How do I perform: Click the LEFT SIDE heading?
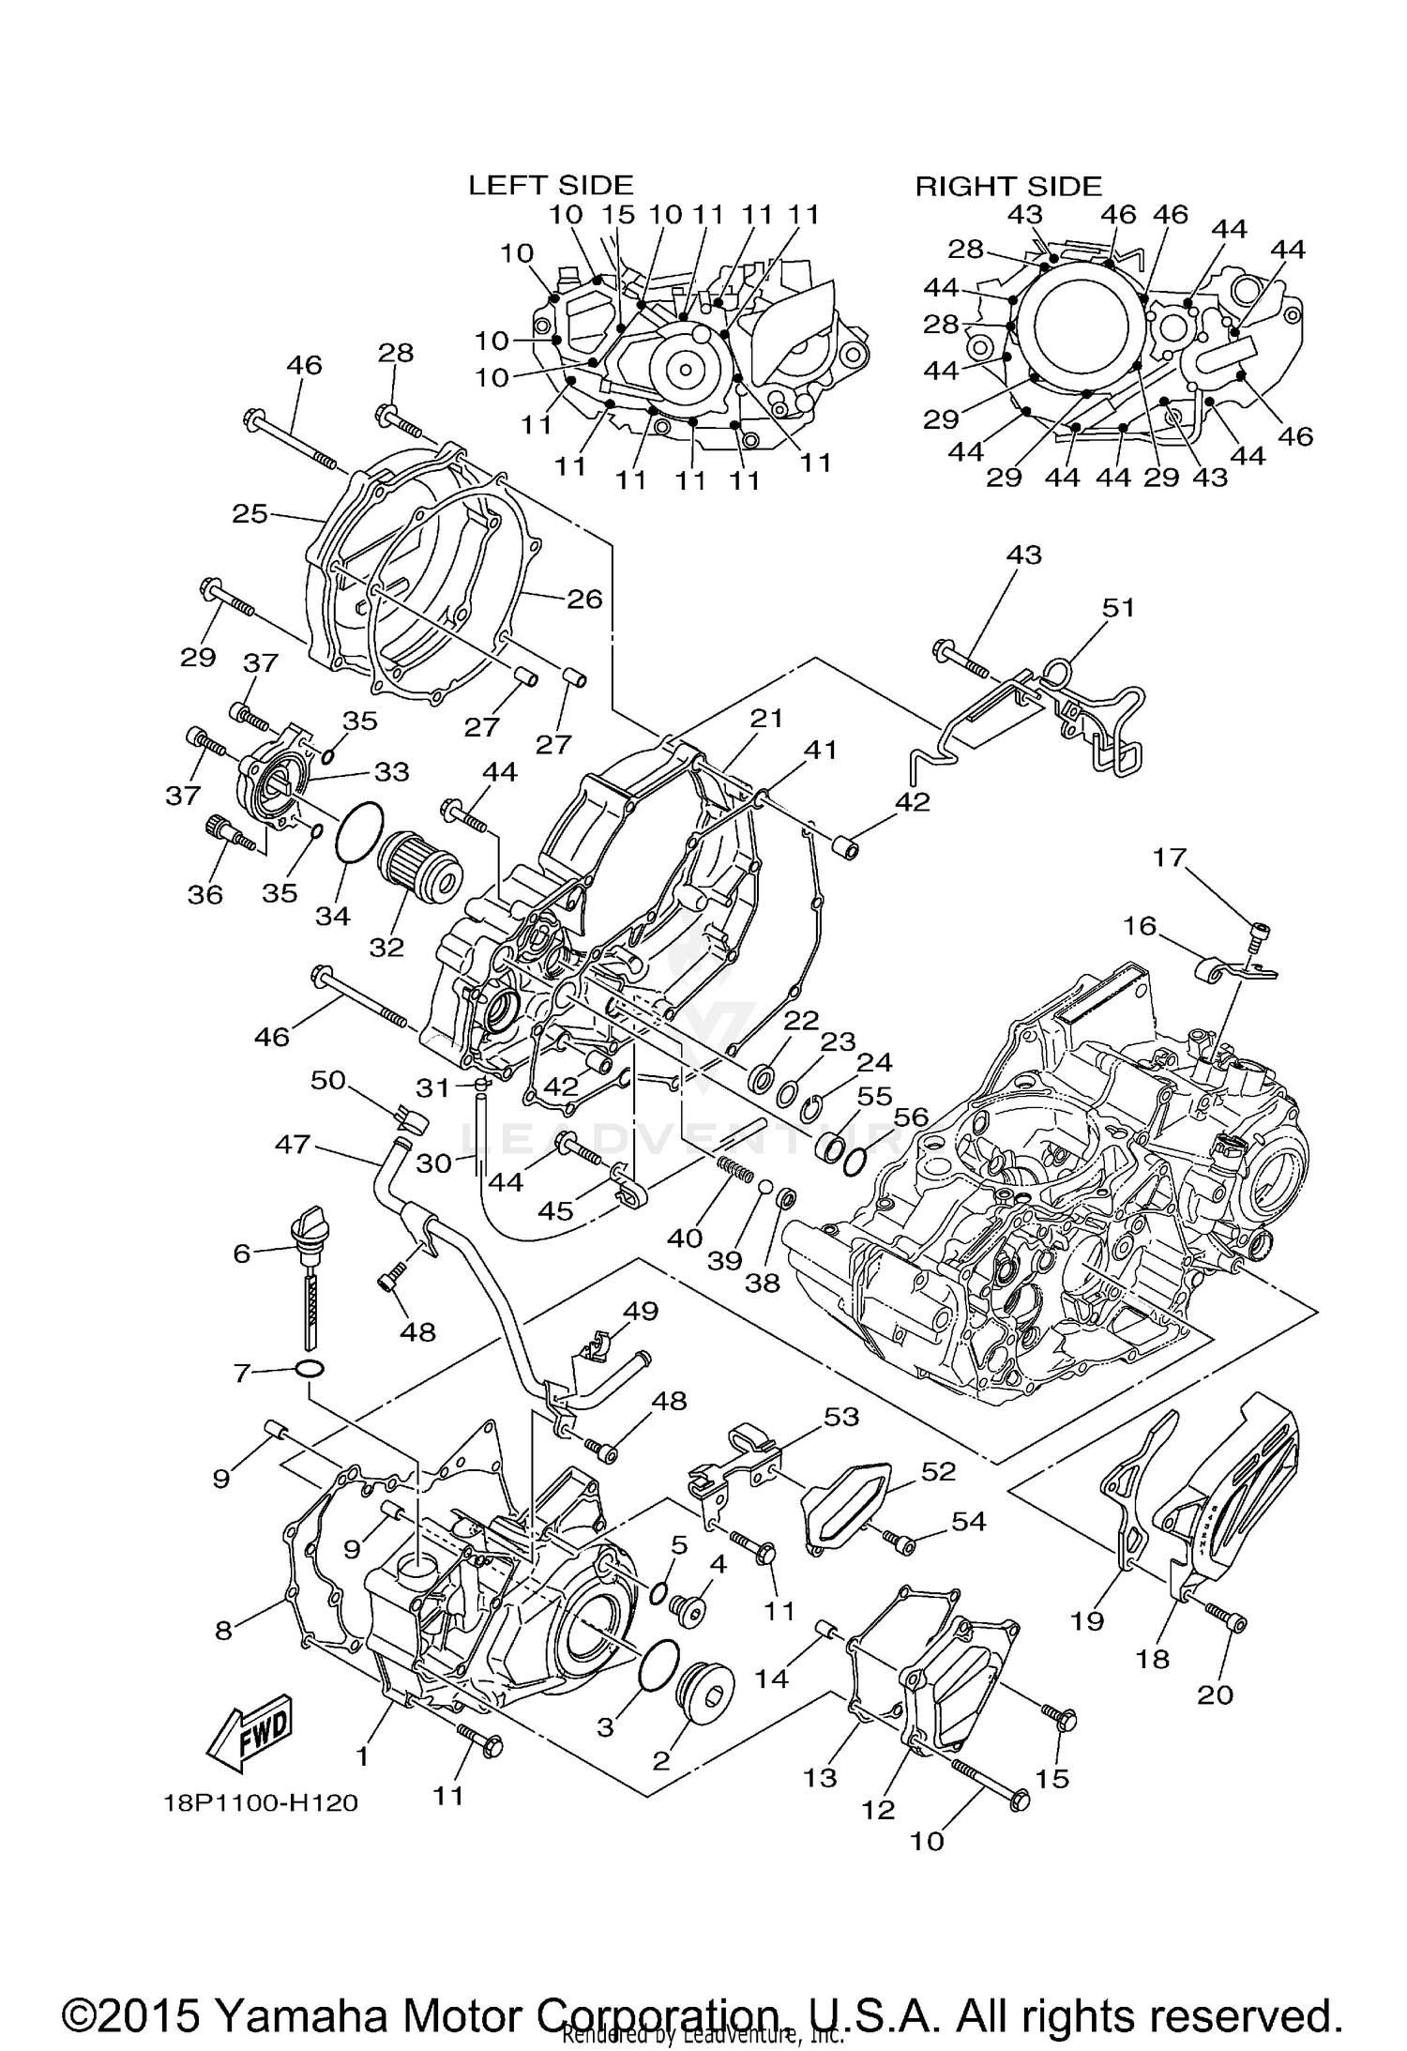pos(551,186)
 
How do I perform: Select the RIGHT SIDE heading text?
pos(1008,186)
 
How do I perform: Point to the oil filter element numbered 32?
pos(420,864)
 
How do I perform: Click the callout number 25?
pos(250,513)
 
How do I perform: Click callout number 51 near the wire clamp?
pos(1118,608)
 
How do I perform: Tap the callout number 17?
pos(1170,857)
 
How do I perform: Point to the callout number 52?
pos(938,1471)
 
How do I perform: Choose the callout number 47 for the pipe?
pos(293,1144)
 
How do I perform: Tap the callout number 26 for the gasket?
pos(584,599)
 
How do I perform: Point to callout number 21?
pos(765,718)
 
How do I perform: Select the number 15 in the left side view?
pos(617,215)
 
